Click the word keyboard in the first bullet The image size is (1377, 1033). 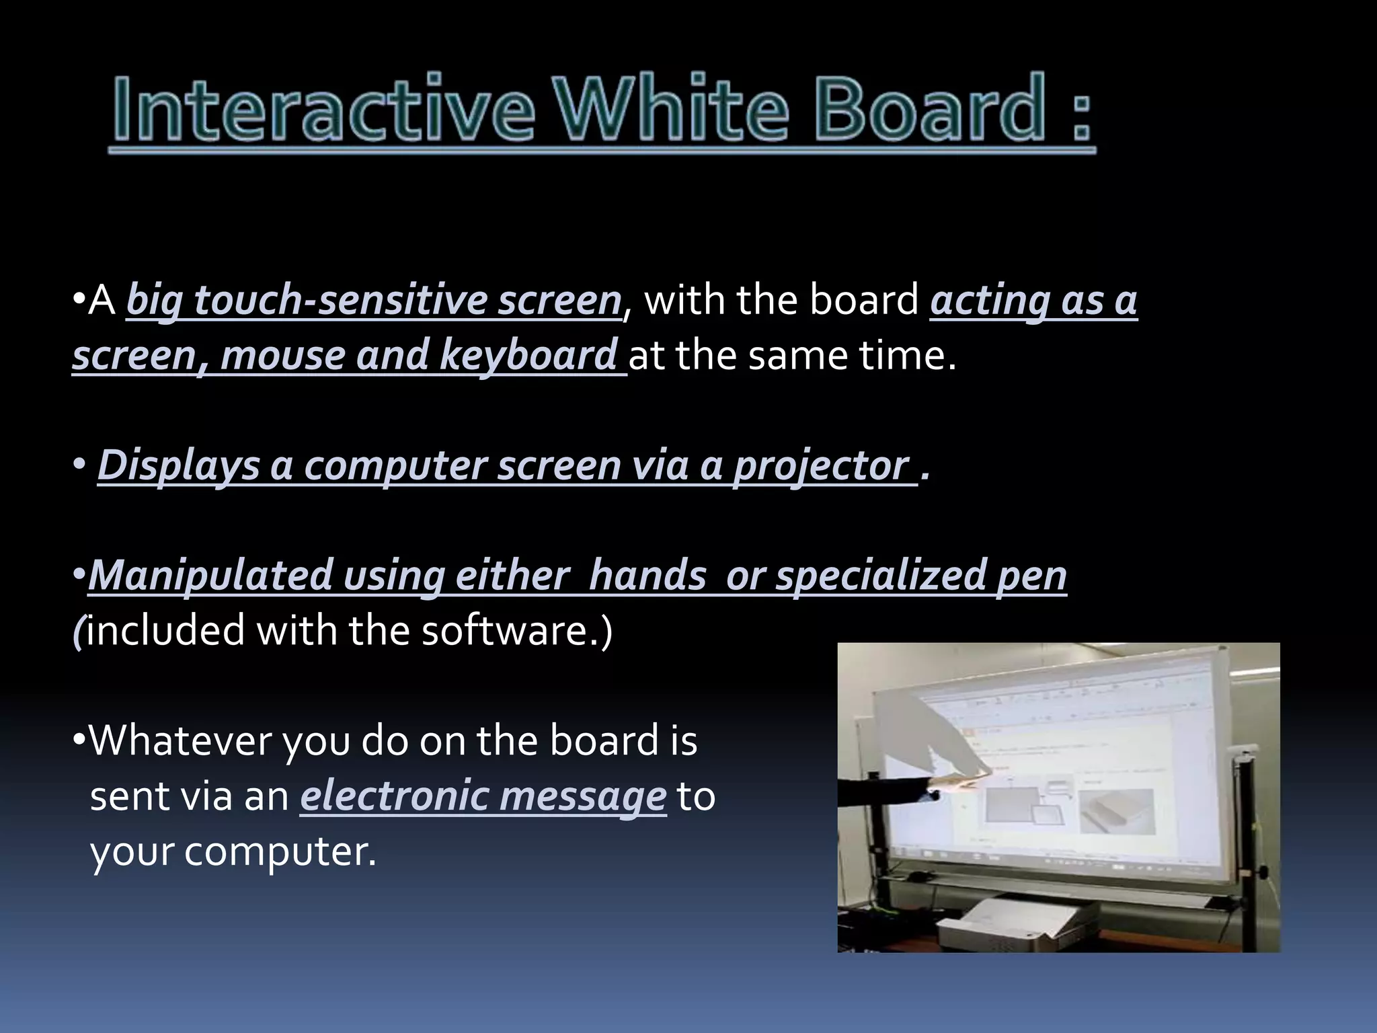pos(528,355)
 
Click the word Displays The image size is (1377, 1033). pos(179,465)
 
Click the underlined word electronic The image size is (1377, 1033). pos(394,796)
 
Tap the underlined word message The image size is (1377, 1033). pos(582,797)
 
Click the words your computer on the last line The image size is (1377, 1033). pos(233,851)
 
